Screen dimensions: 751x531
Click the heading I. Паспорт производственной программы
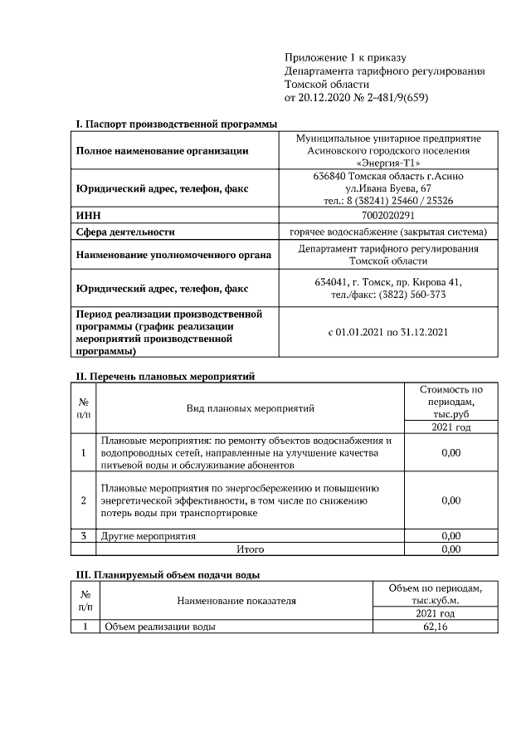click(176, 124)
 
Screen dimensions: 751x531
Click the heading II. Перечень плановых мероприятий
click(165, 376)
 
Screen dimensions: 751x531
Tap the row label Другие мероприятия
click(149, 536)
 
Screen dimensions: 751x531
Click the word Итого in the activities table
click(250, 549)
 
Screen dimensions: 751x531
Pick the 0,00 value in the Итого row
click(451, 549)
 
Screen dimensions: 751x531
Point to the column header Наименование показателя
click(236, 600)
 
